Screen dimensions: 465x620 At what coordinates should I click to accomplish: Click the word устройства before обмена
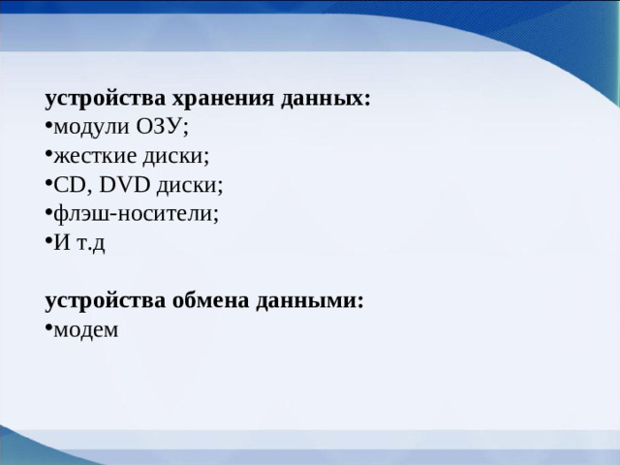tap(105, 300)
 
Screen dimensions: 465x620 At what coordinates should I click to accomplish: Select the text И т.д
tap(79, 242)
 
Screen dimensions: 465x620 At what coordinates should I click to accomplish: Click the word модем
tap(86, 329)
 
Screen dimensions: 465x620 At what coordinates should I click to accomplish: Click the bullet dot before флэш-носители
tap(48, 214)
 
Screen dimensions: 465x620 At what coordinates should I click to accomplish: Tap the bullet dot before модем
tap(48, 329)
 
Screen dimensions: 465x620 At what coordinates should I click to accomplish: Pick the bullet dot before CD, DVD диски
tap(48, 185)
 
